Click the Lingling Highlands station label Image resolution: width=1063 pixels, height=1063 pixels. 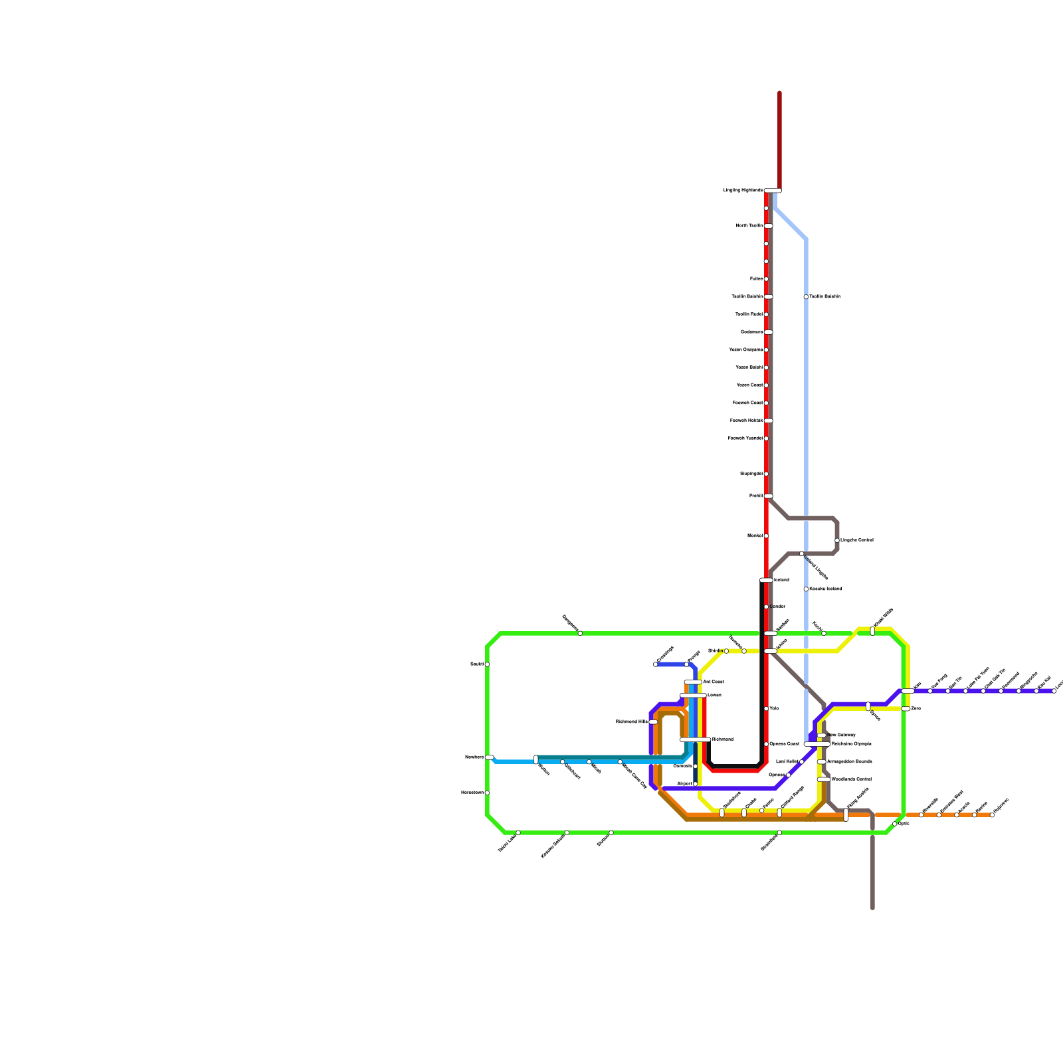tap(743, 191)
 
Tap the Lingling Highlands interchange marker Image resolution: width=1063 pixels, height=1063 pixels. tap(773, 191)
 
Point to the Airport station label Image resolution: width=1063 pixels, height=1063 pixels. tap(684, 784)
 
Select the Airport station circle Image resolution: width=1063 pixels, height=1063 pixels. tap(696, 784)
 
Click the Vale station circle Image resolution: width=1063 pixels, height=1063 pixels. tap(766, 709)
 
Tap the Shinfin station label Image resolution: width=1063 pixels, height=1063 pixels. tap(715, 651)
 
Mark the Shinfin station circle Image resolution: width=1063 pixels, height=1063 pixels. tap(726, 651)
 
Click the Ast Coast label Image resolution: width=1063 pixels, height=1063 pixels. tap(714, 682)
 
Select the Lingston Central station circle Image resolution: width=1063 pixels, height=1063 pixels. tap(837, 540)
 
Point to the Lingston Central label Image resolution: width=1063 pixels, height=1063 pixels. tap(857, 540)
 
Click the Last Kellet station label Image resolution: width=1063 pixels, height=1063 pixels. tap(787, 762)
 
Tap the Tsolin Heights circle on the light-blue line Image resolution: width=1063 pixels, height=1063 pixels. tap(806, 297)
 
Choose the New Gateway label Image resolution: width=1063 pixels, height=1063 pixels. tap(842, 735)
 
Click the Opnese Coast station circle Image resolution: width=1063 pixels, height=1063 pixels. tap(766, 744)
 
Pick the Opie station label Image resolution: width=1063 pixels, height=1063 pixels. tap(904, 824)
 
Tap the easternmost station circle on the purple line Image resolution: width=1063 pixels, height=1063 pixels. tap(1054, 691)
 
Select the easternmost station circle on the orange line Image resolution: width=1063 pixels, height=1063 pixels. tap(992, 815)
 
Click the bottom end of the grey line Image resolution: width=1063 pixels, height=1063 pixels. tap(872, 907)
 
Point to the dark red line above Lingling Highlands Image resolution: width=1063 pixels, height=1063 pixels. tap(779, 140)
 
